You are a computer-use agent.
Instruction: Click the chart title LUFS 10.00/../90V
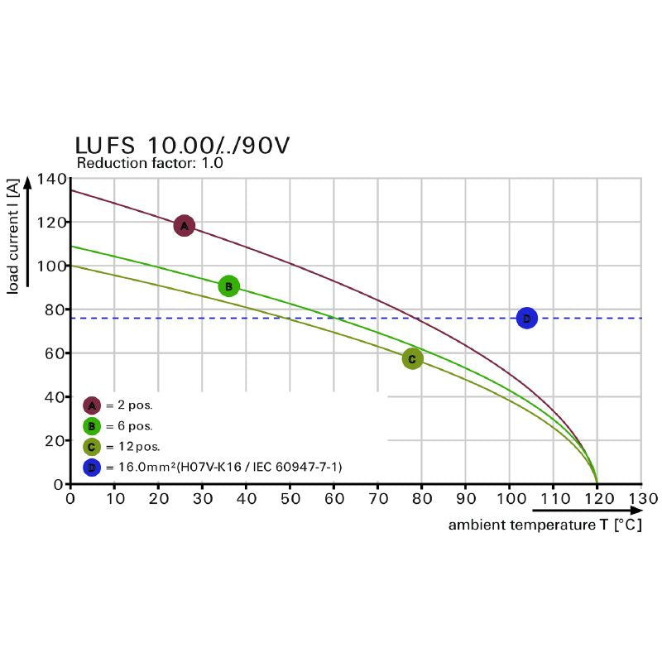pos(183,146)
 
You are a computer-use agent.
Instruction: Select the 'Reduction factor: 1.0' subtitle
pos(150,163)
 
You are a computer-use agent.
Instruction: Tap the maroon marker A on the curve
pos(184,225)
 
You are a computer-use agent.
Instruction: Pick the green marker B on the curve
pos(228,286)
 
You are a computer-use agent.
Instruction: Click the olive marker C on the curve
pos(412,359)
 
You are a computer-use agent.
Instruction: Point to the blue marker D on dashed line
pos(526,318)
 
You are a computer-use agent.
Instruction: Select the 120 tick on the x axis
pos(597,499)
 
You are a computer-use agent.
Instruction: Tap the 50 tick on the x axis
pos(290,499)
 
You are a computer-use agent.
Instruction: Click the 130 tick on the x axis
pos(641,499)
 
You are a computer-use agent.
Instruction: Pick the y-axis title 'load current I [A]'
pos(13,239)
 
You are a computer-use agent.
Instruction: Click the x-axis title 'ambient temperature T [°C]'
pos(545,525)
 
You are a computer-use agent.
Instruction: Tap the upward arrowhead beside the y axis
pos(27,181)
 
